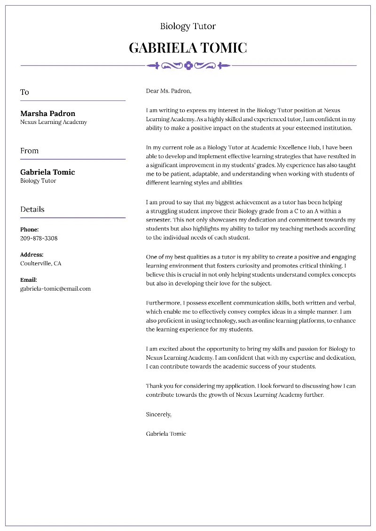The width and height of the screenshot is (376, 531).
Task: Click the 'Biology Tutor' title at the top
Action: pos(188,26)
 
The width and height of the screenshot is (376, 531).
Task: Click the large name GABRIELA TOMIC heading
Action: pos(188,48)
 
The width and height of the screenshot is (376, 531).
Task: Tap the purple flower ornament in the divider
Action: pos(188,66)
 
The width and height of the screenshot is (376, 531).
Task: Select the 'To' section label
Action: pos(24,92)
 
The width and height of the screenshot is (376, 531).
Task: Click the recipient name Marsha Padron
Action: pos(47,114)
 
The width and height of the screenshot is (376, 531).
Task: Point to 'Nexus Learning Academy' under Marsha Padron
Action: pos(53,122)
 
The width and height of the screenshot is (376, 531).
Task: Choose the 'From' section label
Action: pos(29,151)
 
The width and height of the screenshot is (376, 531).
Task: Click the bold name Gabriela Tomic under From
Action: pos(47,172)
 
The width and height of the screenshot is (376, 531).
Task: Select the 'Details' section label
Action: pos(32,209)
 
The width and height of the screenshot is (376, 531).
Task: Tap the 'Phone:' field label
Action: pos(29,230)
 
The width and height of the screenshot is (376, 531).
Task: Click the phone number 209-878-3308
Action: pos(39,238)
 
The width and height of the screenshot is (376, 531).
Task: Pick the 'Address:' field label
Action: pos(31,255)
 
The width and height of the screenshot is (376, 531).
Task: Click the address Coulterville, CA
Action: pos(40,263)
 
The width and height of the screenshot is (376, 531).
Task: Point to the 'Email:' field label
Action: pos(28,280)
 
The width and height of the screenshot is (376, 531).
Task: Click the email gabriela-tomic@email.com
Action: pos(55,289)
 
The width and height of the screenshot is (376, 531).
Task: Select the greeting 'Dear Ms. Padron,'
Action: pos(169,91)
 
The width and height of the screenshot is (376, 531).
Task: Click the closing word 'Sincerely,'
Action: pos(158,415)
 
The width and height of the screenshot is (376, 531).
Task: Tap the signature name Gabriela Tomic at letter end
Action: pos(166,434)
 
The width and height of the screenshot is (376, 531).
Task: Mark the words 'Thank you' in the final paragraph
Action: pos(158,386)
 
